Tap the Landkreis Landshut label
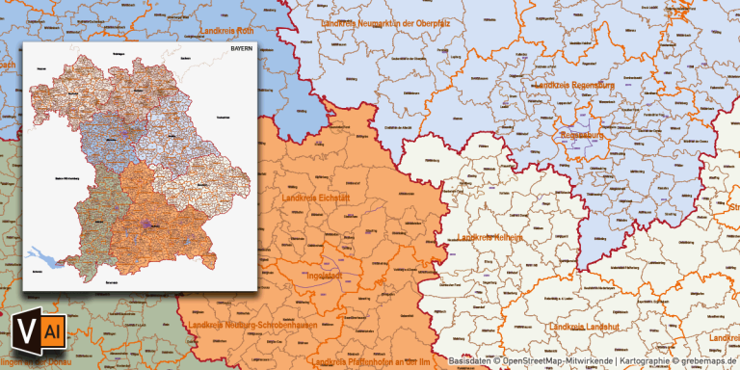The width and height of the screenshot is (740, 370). [x=587, y=327]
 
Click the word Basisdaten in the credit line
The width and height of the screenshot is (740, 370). [x=470, y=361]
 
